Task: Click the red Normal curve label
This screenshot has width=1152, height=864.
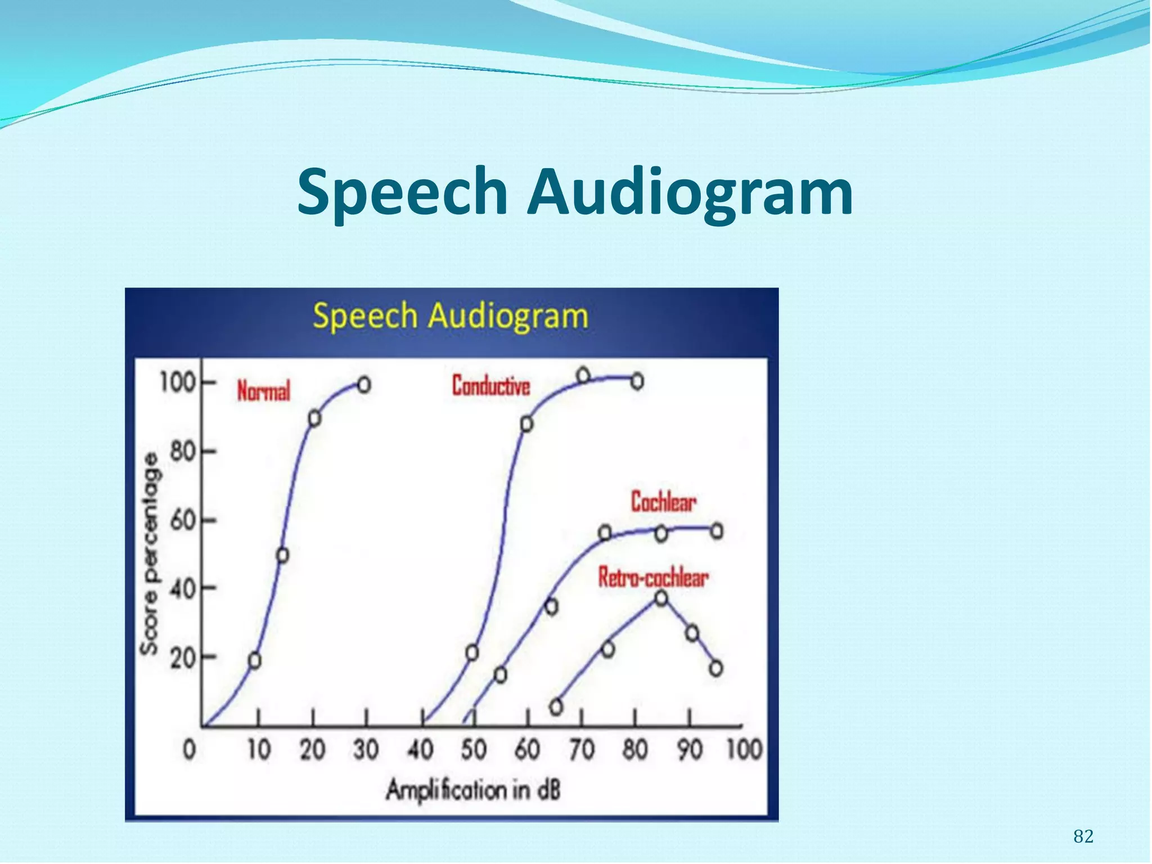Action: pos(263,391)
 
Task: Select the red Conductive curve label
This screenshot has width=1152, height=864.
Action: pos(491,386)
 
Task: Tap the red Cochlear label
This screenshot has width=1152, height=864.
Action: pos(663,502)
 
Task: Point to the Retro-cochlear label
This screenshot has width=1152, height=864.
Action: pos(652,578)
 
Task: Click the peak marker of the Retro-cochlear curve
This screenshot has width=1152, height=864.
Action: pos(661,598)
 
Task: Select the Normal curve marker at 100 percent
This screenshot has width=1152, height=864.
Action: pos(364,385)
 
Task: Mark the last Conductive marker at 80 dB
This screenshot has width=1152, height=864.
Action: pos(637,381)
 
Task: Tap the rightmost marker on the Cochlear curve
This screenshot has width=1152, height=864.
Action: pos(717,531)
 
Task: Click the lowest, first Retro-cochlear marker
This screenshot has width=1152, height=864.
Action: pos(556,706)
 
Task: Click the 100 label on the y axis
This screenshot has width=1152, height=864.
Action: pos(177,383)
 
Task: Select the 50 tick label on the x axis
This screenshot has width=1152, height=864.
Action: pos(474,750)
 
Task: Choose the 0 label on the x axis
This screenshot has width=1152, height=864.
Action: pos(190,750)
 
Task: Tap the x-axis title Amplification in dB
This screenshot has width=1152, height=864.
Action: pos(473,790)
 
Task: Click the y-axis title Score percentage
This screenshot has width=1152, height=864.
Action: pos(150,554)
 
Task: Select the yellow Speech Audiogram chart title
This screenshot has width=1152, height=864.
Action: pos(451,316)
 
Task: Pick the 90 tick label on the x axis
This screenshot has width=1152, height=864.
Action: pos(690,750)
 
